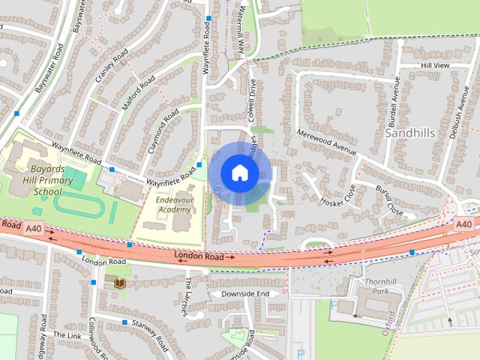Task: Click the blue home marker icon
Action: (239, 172)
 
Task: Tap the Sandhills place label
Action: (409, 132)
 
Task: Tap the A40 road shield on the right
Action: (464, 223)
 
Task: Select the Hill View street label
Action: (435, 66)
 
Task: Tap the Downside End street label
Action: (240, 293)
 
